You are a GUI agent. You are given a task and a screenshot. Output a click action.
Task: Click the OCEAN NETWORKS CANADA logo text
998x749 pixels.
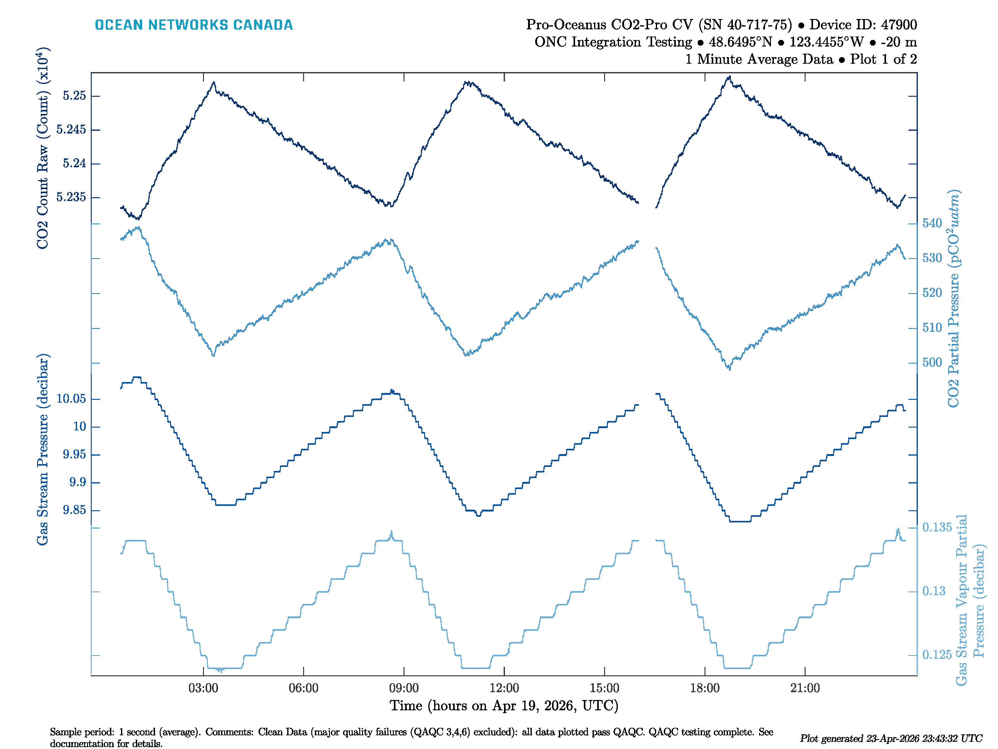[194, 25]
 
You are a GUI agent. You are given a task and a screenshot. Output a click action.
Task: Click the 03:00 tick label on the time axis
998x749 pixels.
[203, 688]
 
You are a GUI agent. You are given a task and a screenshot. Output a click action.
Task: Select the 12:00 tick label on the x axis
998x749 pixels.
[504, 688]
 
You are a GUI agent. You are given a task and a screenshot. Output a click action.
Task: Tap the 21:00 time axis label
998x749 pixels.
[805, 688]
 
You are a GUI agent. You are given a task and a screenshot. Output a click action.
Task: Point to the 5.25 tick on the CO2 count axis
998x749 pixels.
[74, 96]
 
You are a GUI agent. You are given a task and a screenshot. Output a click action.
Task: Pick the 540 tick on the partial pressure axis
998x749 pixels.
[932, 223]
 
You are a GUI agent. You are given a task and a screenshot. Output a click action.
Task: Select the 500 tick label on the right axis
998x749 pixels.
[932, 363]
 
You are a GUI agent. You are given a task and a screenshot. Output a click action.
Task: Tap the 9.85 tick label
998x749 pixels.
[74, 510]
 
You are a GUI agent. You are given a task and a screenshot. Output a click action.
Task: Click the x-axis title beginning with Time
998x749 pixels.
[504, 706]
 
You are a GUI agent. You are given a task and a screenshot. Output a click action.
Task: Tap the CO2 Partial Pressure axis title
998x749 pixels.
[953, 298]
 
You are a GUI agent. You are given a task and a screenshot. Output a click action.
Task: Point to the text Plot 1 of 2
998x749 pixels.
[884, 59]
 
